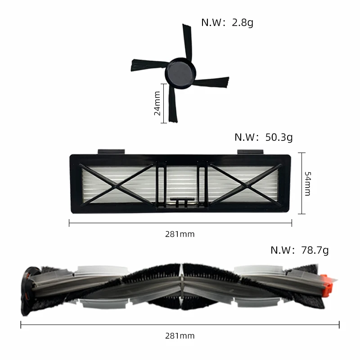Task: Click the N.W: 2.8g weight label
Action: click(x=227, y=23)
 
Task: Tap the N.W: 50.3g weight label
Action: click(x=264, y=137)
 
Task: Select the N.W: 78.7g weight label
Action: click(x=300, y=250)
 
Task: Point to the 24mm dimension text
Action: click(x=157, y=103)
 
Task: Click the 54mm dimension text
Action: click(x=308, y=184)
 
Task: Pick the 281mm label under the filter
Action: click(x=180, y=234)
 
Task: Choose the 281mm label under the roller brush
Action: click(x=180, y=336)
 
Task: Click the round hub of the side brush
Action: click(x=180, y=73)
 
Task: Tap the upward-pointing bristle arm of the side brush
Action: click(x=188, y=41)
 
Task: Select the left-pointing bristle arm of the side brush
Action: click(x=149, y=64)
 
